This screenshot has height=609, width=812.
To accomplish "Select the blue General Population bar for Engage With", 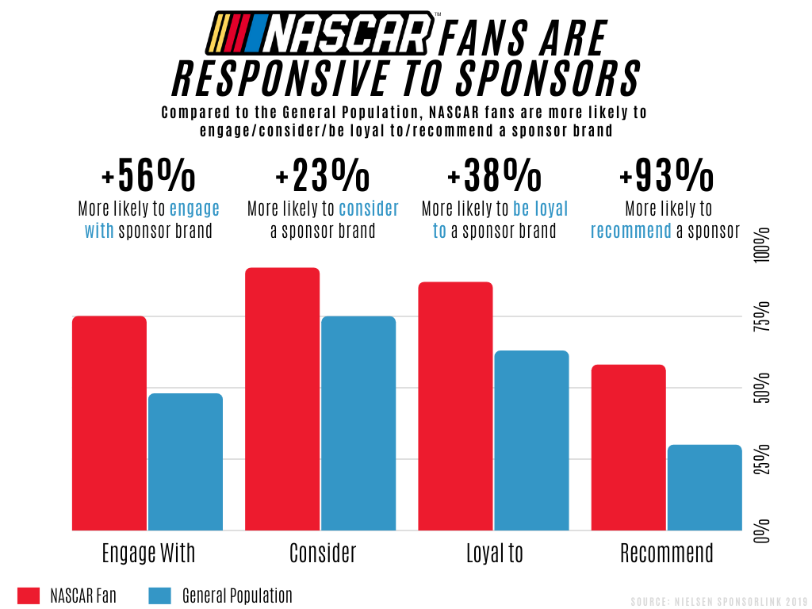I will tap(186, 462).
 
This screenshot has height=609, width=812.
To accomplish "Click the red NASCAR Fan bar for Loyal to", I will tap(455, 406).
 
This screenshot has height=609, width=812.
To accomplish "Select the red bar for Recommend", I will tap(628, 447).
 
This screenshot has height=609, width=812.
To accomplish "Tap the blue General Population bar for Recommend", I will tap(704, 487).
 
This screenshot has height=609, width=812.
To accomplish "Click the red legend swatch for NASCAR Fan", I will tap(29, 596).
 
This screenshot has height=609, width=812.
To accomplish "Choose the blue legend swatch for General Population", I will tap(159, 596).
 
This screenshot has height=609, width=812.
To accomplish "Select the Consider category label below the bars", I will tap(323, 553).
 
